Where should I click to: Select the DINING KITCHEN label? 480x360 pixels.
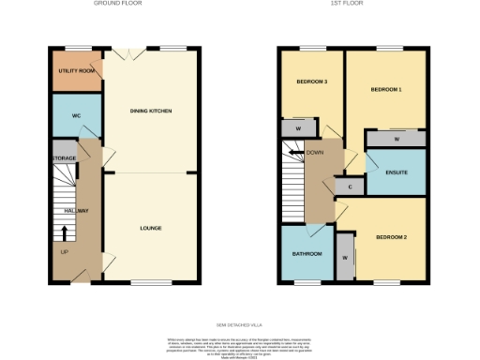coord(150,112)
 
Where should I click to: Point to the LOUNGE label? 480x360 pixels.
coord(150,227)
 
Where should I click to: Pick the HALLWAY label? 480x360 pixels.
coord(76,211)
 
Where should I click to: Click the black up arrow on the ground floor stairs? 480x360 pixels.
coord(65,228)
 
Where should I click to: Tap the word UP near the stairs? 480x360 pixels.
coord(64,252)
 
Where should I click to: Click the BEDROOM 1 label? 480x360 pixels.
coord(385,90)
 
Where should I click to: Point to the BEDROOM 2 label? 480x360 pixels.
coord(392,238)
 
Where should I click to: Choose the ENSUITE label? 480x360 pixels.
coord(396,172)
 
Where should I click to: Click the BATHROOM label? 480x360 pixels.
coord(307,254)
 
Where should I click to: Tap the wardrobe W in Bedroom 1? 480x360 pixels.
coord(397,140)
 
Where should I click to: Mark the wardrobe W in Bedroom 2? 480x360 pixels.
coord(345,257)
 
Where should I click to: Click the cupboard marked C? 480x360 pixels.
coord(350,187)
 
